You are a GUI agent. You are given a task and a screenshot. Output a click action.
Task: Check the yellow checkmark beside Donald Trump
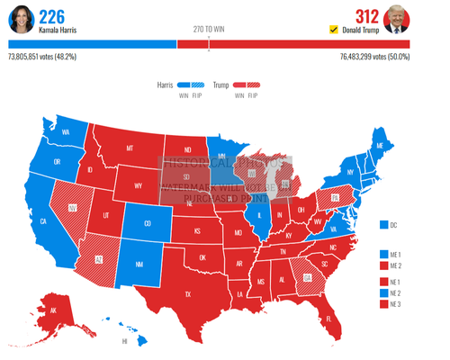pos(335,30)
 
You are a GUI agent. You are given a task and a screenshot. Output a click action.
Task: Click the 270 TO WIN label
pos(209,29)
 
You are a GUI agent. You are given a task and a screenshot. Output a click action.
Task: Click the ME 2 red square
pos(384,265)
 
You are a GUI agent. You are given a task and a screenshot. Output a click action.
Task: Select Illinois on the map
pos(262,215)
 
